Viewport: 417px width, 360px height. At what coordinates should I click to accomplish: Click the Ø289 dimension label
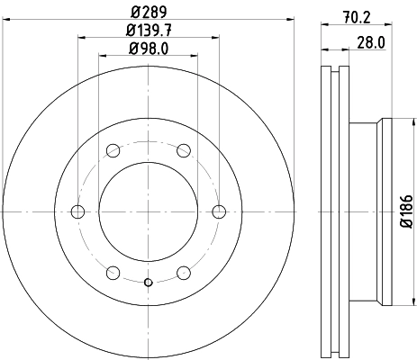pos(149,13)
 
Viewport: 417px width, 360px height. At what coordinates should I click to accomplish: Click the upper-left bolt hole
pos(113,150)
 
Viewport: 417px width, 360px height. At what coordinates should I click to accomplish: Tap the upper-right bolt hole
pos(184,150)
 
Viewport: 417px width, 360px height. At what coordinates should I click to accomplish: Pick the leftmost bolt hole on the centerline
pos(77,211)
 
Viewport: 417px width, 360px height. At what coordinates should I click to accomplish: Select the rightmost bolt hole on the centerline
pos(219,211)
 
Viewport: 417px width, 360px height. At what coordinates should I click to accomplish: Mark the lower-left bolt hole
pos(113,273)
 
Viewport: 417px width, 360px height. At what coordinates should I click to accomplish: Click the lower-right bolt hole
pos(184,273)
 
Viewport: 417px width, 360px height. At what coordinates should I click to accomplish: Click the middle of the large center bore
pos(149,211)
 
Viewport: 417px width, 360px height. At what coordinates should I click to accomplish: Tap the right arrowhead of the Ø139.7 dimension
pos(216,37)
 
